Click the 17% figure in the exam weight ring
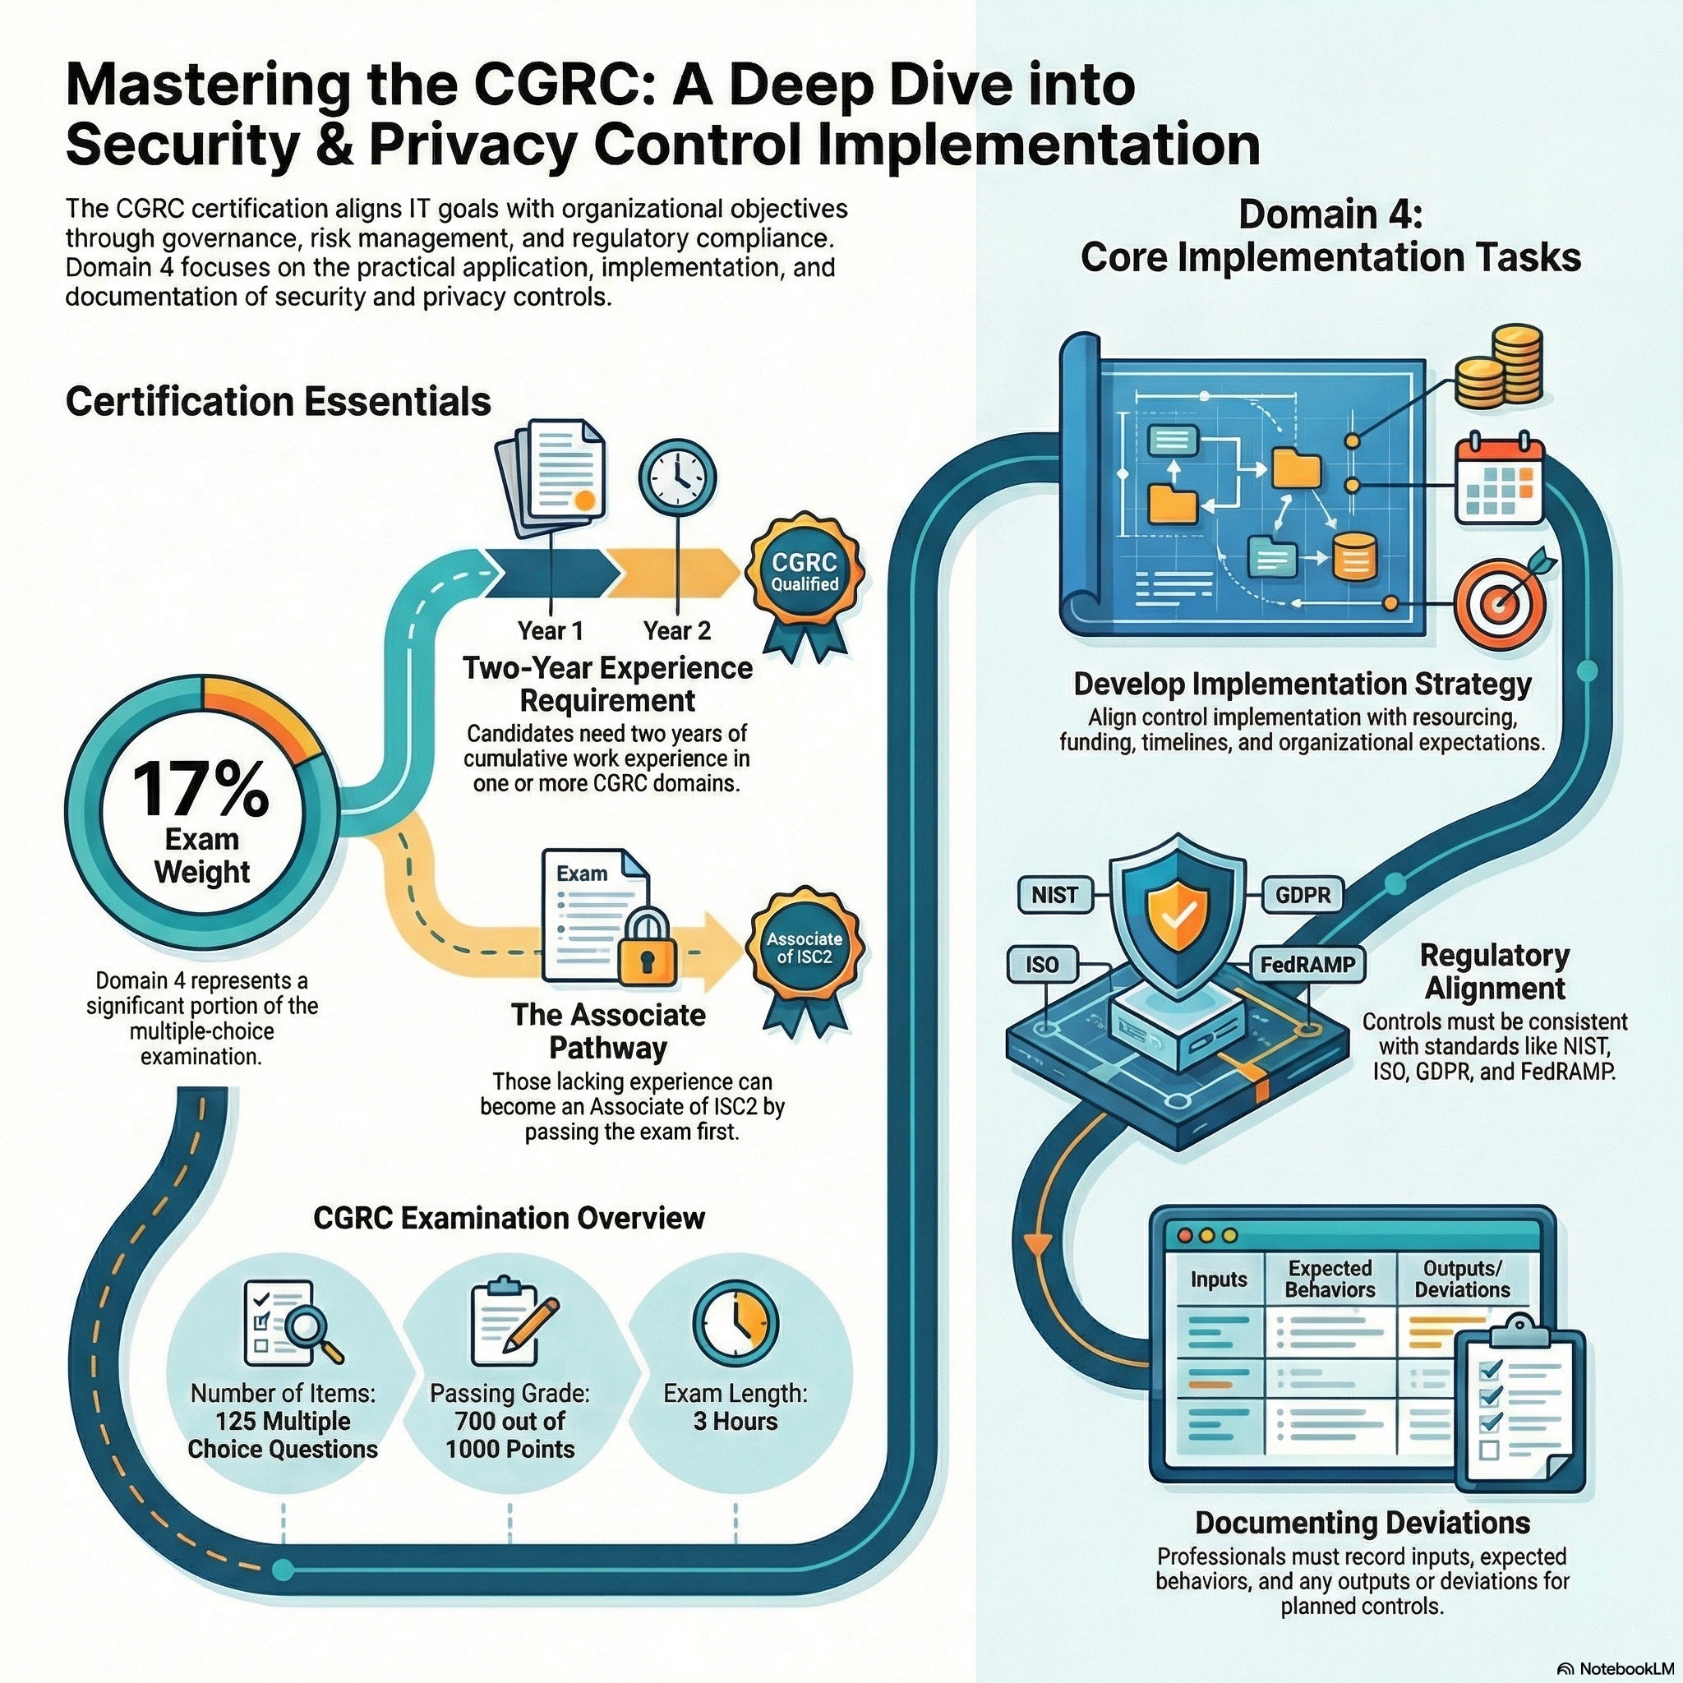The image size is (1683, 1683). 201,789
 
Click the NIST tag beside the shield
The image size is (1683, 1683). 1054,895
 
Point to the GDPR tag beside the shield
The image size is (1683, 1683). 1303,895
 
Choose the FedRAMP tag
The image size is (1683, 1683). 1307,964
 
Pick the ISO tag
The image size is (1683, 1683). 1042,964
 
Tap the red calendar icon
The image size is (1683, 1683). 1499,481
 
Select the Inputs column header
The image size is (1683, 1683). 1219,1280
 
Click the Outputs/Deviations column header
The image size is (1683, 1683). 1462,1279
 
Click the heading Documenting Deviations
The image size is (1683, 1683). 1363,1523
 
